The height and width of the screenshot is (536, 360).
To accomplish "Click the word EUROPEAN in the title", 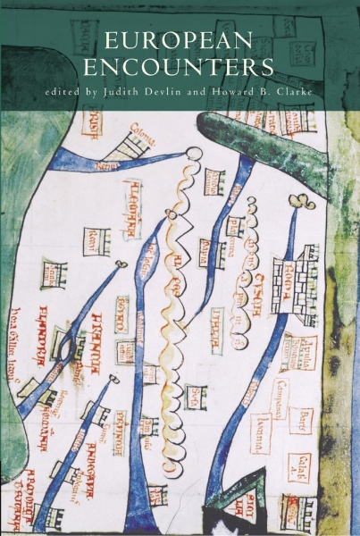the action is click(x=180, y=41).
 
